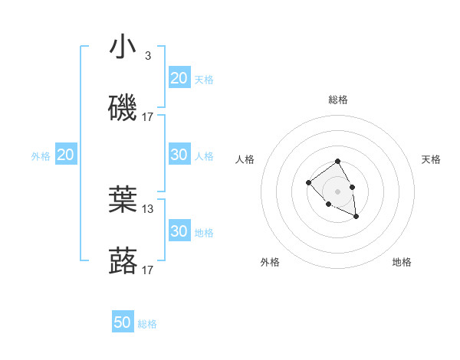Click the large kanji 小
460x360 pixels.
[x=123, y=47]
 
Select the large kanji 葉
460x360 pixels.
[x=123, y=201]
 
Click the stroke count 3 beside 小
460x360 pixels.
[x=148, y=56]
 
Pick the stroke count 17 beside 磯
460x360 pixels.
[x=148, y=117]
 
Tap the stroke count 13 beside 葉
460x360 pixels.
[x=148, y=208]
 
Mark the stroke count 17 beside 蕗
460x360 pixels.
[x=148, y=270]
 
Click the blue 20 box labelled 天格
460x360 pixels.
[x=179, y=78]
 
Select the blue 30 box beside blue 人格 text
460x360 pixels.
[x=179, y=155]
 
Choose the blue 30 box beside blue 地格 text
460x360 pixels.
[x=179, y=231]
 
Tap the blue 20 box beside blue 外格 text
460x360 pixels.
[x=66, y=155]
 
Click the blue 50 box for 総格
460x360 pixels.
[x=123, y=322]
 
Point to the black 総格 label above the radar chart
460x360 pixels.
[x=338, y=100]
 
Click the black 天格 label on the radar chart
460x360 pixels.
[x=432, y=159]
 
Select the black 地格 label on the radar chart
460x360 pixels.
[x=402, y=262]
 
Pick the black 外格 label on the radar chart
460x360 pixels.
[x=270, y=262]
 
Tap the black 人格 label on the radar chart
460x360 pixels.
[x=245, y=159]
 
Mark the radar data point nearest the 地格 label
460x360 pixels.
[x=356, y=217]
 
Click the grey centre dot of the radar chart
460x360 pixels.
[x=338, y=191]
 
